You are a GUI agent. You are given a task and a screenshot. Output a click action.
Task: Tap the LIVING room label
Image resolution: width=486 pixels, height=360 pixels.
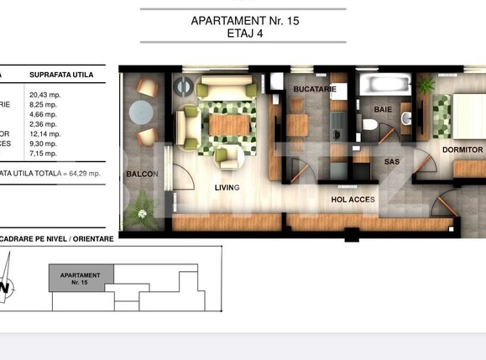[x=227, y=187]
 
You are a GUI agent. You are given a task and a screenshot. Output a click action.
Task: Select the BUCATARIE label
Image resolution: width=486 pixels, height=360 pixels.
[x=315, y=88]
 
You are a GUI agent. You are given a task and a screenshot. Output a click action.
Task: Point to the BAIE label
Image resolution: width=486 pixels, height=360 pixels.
[x=384, y=109]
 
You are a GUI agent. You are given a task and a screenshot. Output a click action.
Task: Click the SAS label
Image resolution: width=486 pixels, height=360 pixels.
[x=392, y=161]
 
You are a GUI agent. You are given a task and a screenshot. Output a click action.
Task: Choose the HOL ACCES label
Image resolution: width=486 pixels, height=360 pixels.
[x=352, y=200]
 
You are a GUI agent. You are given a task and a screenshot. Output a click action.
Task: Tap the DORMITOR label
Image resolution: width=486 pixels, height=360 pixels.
[x=462, y=150]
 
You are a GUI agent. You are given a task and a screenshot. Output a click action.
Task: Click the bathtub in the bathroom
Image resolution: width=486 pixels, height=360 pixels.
[x=382, y=86]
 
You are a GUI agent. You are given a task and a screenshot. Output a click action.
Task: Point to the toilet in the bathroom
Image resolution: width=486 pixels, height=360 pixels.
[x=369, y=126]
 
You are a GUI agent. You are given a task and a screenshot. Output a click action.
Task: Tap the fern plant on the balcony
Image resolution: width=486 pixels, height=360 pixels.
[x=146, y=204]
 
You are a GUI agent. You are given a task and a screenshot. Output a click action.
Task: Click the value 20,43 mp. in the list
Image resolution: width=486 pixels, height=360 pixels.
[x=46, y=96]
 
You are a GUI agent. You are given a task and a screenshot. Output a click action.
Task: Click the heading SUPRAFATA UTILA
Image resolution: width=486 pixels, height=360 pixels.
[x=60, y=75]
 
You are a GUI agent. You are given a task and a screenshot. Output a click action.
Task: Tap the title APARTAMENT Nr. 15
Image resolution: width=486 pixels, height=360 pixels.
[x=242, y=20]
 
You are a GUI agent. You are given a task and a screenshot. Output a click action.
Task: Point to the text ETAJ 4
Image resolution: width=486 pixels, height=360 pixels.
[x=242, y=34]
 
